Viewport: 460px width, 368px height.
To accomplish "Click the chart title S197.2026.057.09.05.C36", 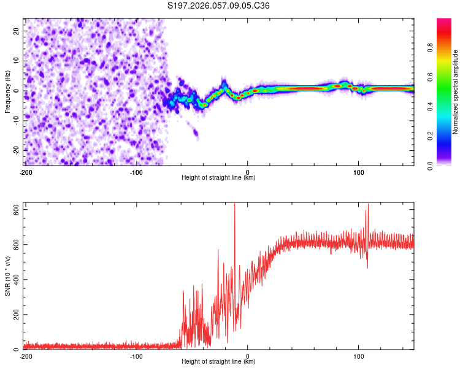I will point(219,6).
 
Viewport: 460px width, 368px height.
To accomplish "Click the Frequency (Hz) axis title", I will point(8,92).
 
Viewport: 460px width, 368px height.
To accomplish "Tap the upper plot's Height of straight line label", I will point(218,177).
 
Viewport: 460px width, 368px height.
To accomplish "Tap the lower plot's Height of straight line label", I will point(218,362).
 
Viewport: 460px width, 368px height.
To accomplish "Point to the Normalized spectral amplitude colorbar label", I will point(455,92).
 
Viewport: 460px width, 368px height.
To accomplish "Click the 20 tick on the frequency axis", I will point(17,30).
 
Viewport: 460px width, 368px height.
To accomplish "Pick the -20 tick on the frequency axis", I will point(15,150).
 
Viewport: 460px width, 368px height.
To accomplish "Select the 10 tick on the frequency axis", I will point(17,60).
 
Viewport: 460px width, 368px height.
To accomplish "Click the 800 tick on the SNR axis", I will point(14,210).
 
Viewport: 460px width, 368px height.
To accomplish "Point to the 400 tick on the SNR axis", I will point(14,280).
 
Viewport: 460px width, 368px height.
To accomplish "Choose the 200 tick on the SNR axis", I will point(14,315).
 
